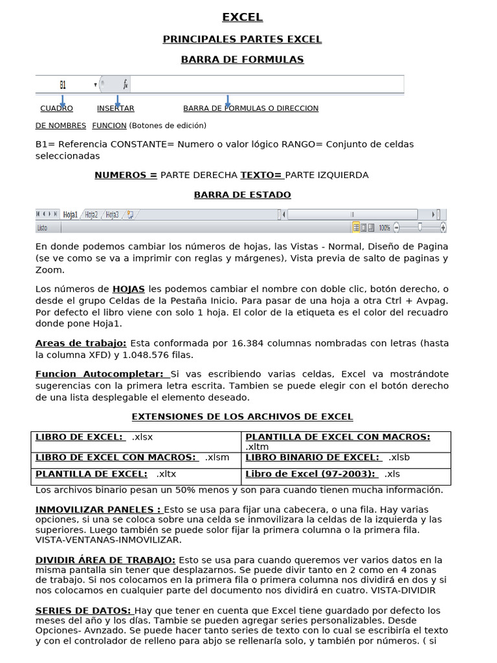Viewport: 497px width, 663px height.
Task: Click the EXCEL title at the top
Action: (242, 17)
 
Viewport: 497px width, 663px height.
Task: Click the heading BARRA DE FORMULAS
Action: (242, 60)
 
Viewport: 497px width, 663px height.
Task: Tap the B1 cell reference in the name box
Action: (63, 85)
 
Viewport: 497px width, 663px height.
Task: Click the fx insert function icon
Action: (126, 85)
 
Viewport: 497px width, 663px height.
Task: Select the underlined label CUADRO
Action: (56, 108)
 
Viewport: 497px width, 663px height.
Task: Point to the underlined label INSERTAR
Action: (116, 108)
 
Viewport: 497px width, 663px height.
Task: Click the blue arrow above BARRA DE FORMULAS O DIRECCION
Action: (227, 101)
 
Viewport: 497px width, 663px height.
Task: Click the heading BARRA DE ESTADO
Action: (242, 194)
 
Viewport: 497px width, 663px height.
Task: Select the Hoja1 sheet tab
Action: (71, 215)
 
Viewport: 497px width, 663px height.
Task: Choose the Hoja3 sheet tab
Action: (112, 215)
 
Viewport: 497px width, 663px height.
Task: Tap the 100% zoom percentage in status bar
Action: (384, 228)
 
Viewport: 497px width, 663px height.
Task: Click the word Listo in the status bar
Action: (43, 228)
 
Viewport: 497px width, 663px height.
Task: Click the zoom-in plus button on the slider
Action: (443, 227)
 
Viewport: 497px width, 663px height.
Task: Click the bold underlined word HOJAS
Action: (128, 289)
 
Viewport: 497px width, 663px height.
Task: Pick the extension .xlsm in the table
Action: (217, 457)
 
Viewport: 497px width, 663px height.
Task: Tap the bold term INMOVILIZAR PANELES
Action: (98, 509)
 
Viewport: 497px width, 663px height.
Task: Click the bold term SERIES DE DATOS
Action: (83, 610)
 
